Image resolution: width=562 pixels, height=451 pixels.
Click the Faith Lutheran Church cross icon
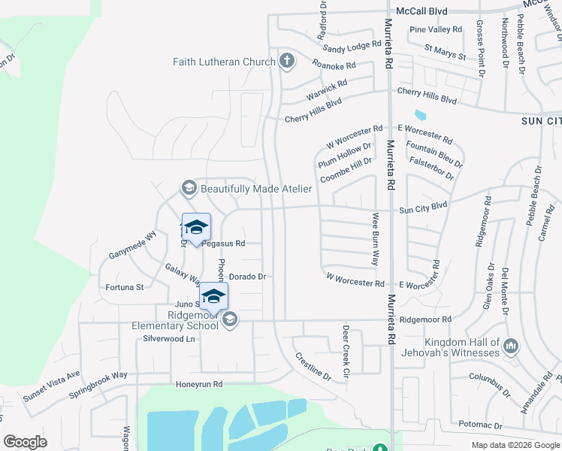pyautogui.click(x=286, y=61)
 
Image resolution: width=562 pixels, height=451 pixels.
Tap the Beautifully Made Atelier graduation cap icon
pyautogui.click(x=189, y=187)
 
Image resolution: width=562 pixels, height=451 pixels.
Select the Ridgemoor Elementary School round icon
pyautogui.click(x=230, y=320)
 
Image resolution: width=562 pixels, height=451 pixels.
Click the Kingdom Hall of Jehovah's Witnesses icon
pyautogui.click(x=511, y=347)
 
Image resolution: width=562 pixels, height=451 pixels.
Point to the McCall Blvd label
pyautogui.click(x=421, y=11)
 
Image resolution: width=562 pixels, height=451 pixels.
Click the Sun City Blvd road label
pyautogui.click(x=423, y=204)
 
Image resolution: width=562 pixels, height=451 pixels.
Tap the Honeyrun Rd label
pyautogui.click(x=199, y=384)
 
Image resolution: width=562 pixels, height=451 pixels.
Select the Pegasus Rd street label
pyautogui.click(x=224, y=244)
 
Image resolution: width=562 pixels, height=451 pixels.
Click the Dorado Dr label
pyautogui.click(x=247, y=277)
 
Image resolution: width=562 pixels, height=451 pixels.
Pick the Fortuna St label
pyautogui.click(x=124, y=287)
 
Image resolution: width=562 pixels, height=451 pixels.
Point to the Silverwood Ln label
pyautogui.click(x=168, y=339)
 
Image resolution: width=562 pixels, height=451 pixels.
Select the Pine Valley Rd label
pyautogui.click(x=436, y=29)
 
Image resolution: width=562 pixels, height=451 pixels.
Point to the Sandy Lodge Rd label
pyautogui.click(x=352, y=47)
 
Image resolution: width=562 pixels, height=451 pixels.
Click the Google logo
pyautogui.click(x=26, y=442)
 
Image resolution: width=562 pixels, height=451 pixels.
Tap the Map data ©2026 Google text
pyautogui.click(x=515, y=445)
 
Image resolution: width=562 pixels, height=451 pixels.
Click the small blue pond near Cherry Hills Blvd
pyautogui.click(x=419, y=115)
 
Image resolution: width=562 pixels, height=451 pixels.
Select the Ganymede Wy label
pyautogui.click(x=132, y=238)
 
